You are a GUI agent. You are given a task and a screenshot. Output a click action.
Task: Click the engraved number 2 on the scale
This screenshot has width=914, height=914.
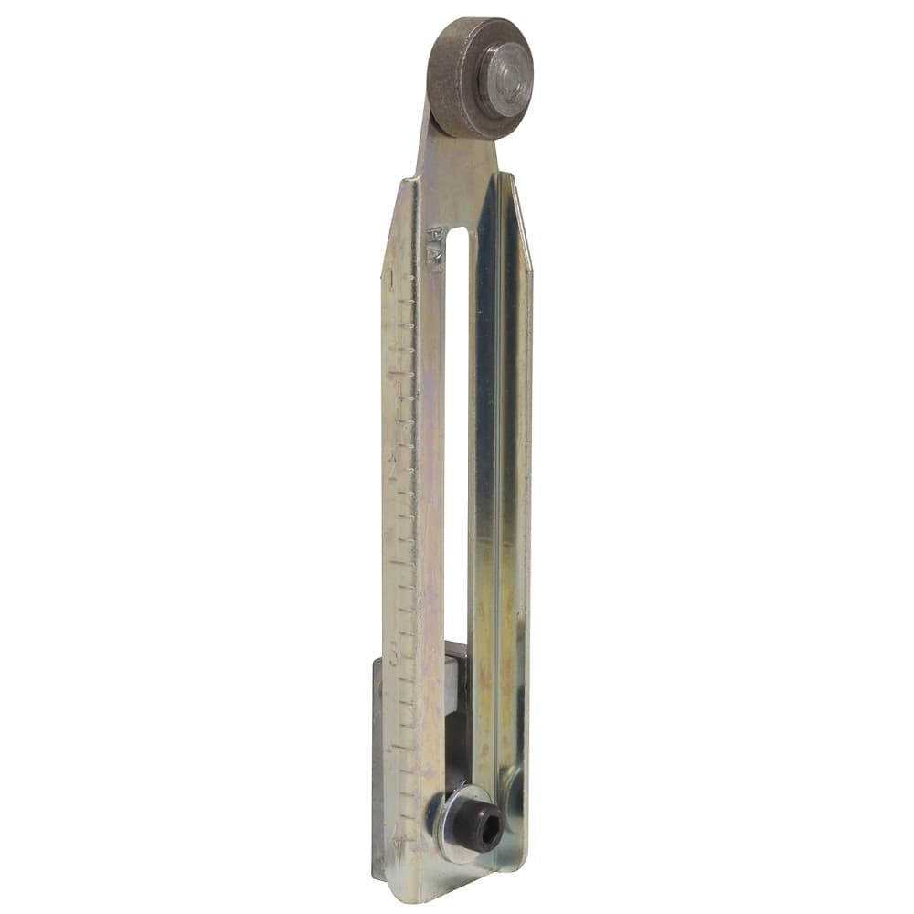[x=393, y=466]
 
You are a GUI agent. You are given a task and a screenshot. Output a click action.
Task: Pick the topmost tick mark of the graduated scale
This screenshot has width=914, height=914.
[x=390, y=273]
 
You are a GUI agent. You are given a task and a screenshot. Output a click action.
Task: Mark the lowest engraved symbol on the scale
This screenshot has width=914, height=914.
[x=396, y=837]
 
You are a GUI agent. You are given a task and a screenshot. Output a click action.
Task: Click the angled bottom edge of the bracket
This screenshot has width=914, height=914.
[x=457, y=873]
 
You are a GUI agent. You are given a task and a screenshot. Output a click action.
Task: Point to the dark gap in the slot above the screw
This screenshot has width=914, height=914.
[x=456, y=740]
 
